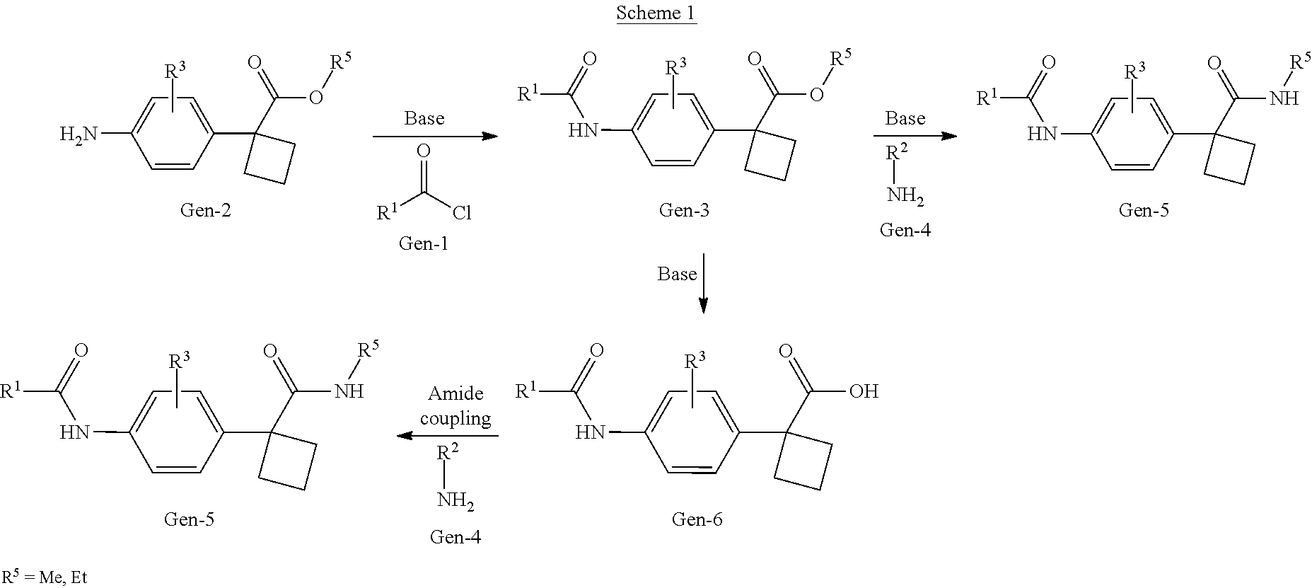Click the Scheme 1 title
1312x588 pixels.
pyautogui.click(x=656, y=13)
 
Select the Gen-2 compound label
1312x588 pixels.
pyautogui.click(x=206, y=210)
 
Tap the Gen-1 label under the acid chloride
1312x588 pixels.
pyautogui.click(x=424, y=243)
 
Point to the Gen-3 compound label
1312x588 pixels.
pyautogui.click(x=684, y=209)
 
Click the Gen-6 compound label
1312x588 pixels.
pyautogui.click(x=697, y=519)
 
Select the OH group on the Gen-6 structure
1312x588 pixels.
pyautogui.click(x=864, y=391)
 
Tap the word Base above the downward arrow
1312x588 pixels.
pyautogui.click(x=677, y=274)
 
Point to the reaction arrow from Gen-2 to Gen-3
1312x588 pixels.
pyautogui.click(x=435, y=136)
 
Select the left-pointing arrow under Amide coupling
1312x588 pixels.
pyautogui.click(x=447, y=436)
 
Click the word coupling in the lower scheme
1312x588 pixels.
pyautogui.click(x=455, y=419)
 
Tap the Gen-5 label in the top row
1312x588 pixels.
pyautogui.click(x=1144, y=210)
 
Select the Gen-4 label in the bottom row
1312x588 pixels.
pyautogui.click(x=455, y=537)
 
